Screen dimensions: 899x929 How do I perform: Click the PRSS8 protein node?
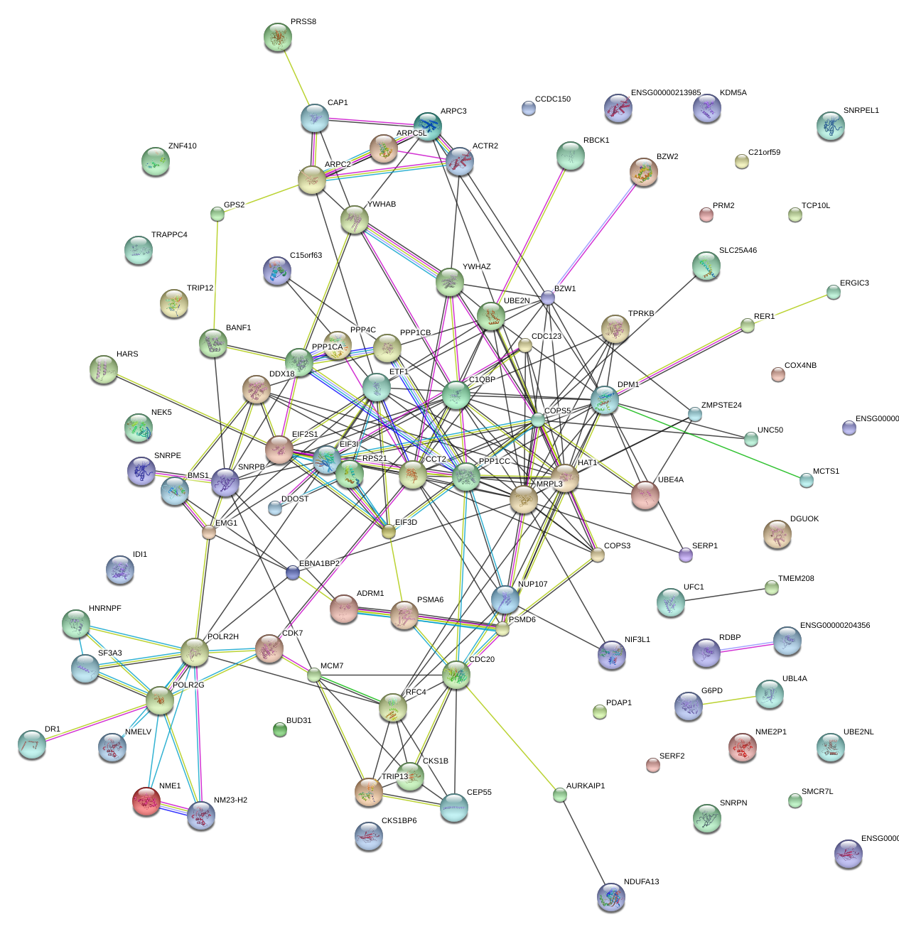tap(277, 38)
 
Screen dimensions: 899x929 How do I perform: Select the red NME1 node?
tap(146, 800)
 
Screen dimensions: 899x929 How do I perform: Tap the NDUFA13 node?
tap(611, 897)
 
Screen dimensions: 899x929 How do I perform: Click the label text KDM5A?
tap(733, 93)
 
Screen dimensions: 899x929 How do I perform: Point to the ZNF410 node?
tap(156, 162)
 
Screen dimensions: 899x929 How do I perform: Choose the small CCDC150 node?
tap(528, 108)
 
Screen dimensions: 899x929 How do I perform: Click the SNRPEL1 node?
tap(831, 126)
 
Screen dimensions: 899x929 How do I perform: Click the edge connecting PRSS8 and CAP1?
tap(296, 79)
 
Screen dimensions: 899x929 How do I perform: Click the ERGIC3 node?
tap(834, 292)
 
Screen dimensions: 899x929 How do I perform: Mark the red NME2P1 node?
tap(743, 747)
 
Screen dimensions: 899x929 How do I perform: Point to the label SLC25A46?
tap(738, 251)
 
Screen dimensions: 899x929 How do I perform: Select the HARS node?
tap(104, 369)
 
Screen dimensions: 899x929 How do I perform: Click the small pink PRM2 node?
tap(706, 214)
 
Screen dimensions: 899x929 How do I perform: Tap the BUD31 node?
tap(280, 729)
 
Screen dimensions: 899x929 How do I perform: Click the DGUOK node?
tap(777, 534)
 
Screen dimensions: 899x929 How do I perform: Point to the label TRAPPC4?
tap(169, 235)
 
